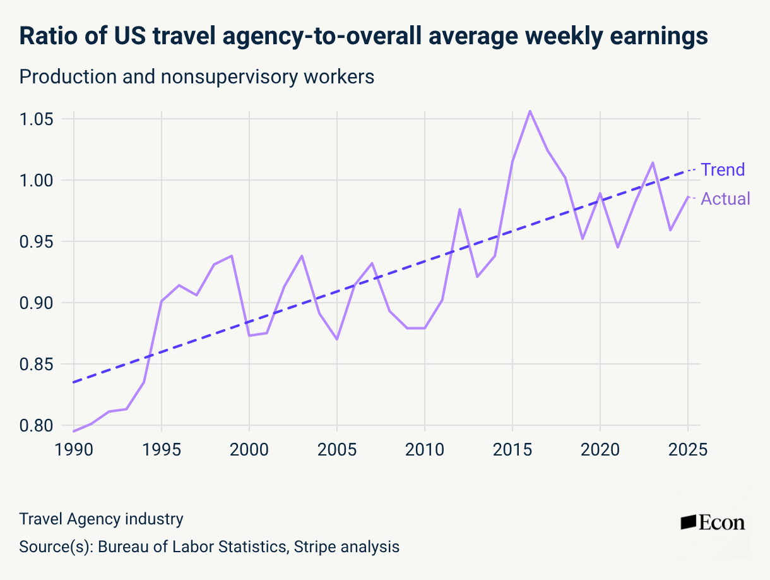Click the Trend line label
(723, 170)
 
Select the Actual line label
(726, 199)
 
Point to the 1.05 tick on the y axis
(37, 119)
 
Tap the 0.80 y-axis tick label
(37, 425)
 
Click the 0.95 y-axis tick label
(37, 242)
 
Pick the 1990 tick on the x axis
(74, 450)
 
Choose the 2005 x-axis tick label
(337, 450)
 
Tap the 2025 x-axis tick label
(687, 450)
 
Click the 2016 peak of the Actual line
(530, 111)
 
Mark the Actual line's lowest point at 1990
(74, 431)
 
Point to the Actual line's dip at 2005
(337, 339)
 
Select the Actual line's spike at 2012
(459, 209)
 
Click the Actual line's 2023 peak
(653, 162)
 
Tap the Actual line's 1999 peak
(232, 256)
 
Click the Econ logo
(713, 523)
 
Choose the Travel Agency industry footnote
(102, 519)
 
